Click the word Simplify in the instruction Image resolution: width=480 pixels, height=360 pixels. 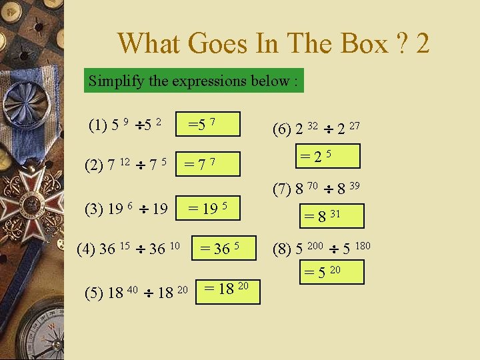(x=111, y=81)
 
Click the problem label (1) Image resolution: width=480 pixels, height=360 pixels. (x=99, y=125)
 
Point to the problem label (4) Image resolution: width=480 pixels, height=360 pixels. (x=87, y=250)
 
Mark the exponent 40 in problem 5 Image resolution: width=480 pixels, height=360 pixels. (x=133, y=289)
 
